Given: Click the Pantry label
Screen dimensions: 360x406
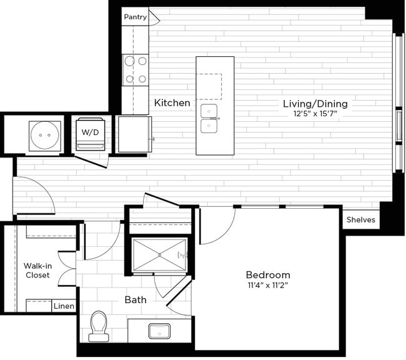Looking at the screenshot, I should (135, 17).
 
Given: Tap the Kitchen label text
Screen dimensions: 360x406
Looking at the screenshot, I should (172, 102).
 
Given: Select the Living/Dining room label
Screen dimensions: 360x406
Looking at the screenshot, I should (315, 103).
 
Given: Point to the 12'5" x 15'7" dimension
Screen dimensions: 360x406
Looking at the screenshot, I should (315, 114).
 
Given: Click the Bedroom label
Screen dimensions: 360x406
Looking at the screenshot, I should (267, 275).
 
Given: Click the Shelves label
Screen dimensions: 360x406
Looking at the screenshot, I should (361, 219).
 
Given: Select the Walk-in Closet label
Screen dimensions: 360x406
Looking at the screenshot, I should (37, 270).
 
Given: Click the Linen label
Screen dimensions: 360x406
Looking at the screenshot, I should (64, 306).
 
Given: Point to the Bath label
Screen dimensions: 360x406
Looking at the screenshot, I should (136, 299).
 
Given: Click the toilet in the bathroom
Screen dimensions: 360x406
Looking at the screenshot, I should (99, 326).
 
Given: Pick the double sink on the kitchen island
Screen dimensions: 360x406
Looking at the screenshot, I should (209, 119).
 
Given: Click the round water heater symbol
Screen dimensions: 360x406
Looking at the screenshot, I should (44, 133).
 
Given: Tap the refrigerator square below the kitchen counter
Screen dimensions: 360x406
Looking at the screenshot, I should (134, 134).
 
